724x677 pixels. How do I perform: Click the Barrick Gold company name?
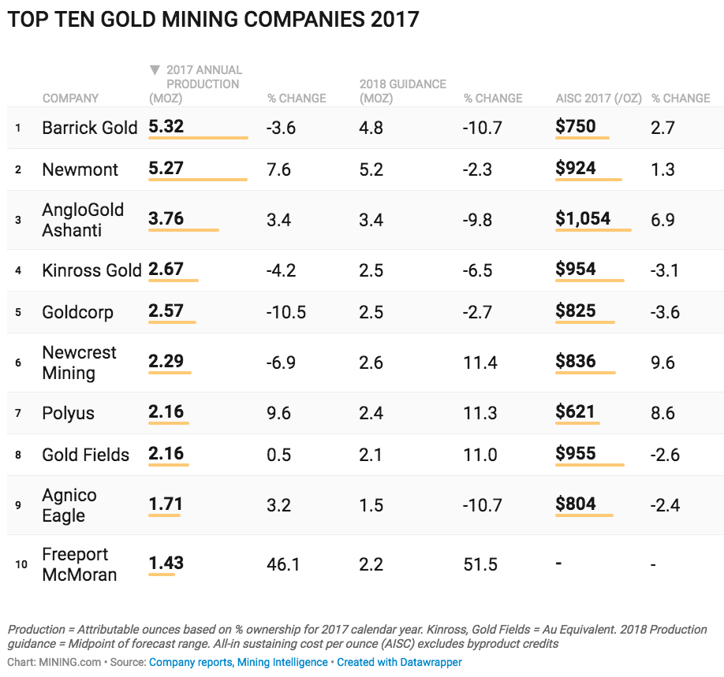pyautogui.click(x=89, y=128)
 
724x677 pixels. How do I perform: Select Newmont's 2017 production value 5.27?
pyautogui.click(x=166, y=169)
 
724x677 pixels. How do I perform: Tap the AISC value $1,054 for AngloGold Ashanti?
pyautogui.click(x=583, y=218)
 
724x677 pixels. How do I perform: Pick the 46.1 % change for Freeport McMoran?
pyautogui.click(x=283, y=564)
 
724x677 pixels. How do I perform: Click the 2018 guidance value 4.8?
pyautogui.click(x=371, y=128)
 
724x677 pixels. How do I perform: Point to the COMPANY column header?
pyautogui.click(x=70, y=99)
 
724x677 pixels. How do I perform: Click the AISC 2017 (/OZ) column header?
pyautogui.click(x=599, y=99)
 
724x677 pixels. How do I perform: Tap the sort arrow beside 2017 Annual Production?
pyautogui.click(x=155, y=70)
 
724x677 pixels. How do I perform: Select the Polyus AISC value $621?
pyautogui.click(x=575, y=411)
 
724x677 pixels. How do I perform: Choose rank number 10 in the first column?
pyautogui.click(x=21, y=564)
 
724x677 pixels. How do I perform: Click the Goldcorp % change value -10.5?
pyautogui.click(x=286, y=312)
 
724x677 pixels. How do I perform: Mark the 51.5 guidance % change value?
pyautogui.click(x=480, y=564)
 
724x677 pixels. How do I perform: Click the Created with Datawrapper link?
pyautogui.click(x=399, y=663)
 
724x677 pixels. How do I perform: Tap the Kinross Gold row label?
pyautogui.click(x=91, y=271)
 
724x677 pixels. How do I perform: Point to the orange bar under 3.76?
pyautogui.click(x=183, y=230)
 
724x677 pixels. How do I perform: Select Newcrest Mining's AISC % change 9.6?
pyautogui.click(x=663, y=363)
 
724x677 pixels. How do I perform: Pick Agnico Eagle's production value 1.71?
pyautogui.click(x=166, y=504)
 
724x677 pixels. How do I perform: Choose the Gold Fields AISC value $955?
pyautogui.click(x=576, y=453)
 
